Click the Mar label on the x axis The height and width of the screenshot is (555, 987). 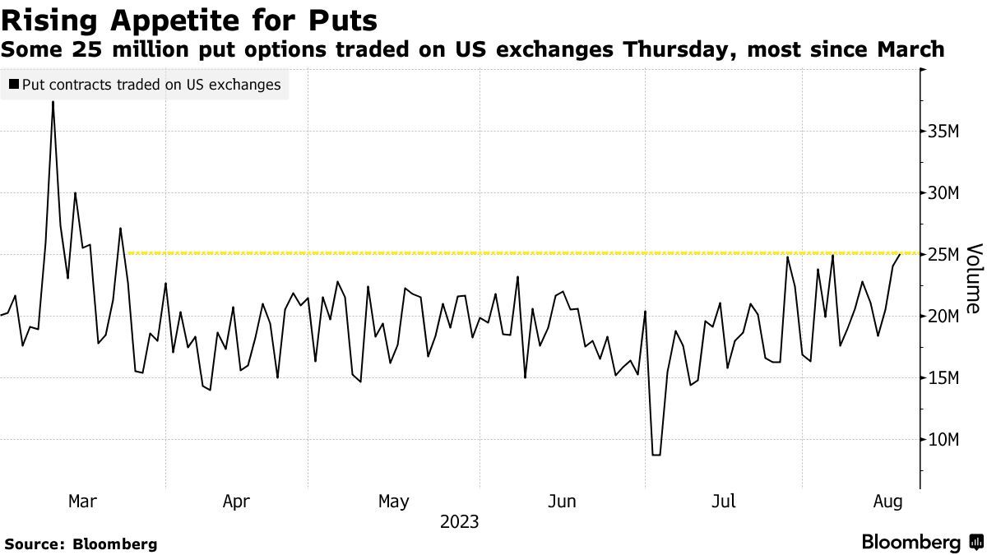coord(82,501)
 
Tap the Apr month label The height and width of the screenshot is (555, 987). coord(236,501)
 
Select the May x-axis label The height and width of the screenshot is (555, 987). coord(393,501)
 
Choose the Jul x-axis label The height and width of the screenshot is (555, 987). coord(723,501)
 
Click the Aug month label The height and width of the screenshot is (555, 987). coord(887,501)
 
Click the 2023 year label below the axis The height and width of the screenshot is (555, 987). coord(459,522)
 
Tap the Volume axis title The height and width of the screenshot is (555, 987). coord(973,278)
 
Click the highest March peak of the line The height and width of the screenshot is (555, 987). coord(53,102)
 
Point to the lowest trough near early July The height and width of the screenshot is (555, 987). coord(656,455)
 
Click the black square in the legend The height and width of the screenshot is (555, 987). coord(13,84)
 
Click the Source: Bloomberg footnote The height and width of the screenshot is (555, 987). coord(81,543)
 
